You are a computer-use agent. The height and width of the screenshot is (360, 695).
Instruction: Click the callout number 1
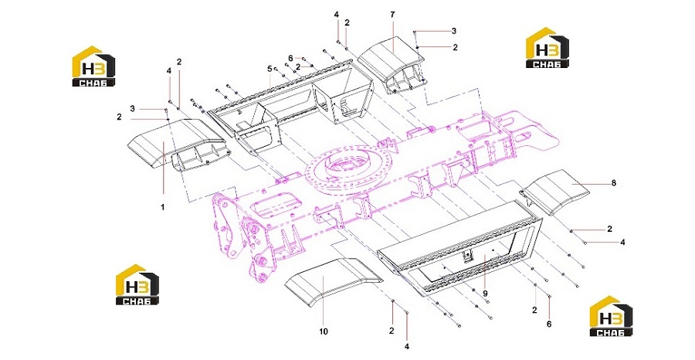[163, 207]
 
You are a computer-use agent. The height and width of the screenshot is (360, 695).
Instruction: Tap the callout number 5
[269, 69]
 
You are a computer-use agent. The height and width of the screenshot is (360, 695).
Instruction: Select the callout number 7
[393, 15]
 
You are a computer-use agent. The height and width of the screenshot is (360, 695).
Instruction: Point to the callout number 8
[613, 182]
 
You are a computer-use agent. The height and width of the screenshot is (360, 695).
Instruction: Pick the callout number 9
[486, 293]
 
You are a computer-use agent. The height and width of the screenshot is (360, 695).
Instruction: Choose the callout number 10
[324, 331]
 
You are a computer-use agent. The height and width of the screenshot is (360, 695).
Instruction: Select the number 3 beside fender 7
[454, 31]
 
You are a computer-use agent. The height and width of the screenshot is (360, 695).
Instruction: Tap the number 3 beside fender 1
[132, 108]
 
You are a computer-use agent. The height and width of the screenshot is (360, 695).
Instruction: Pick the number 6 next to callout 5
[290, 58]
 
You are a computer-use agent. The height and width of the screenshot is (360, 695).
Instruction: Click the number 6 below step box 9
[549, 324]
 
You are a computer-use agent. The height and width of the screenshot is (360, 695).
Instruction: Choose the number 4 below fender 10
[406, 346]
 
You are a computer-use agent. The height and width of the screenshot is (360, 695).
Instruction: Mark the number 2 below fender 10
[392, 331]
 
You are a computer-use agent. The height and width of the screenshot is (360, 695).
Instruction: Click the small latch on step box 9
[466, 256]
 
